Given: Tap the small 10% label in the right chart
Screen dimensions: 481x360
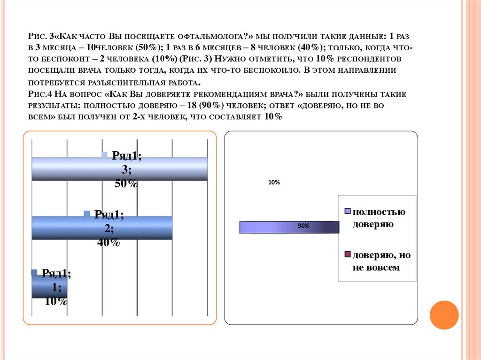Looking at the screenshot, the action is (x=274, y=183).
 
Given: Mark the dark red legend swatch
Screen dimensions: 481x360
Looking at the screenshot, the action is (x=348, y=255).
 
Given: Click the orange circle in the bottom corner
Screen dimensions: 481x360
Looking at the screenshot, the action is (x=444, y=315).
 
